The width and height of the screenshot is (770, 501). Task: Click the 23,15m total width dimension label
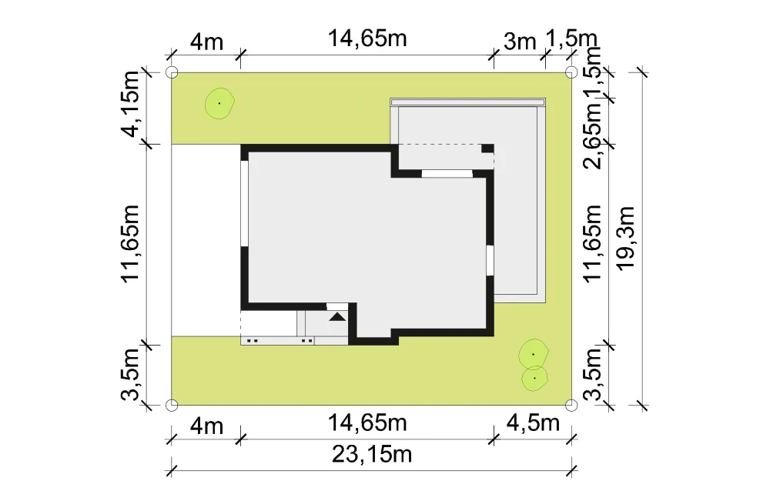[372, 454]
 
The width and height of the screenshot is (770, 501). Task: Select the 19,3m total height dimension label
[626, 238]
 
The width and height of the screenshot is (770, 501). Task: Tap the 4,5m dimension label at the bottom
[534, 423]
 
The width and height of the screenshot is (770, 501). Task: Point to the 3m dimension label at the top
[520, 42]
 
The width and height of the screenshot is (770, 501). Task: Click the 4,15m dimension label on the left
[131, 104]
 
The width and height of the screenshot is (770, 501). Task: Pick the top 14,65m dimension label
[367, 38]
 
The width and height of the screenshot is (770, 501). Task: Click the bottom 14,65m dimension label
[367, 423]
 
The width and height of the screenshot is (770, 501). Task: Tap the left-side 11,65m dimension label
[131, 243]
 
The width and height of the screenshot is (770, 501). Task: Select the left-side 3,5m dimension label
[131, 374]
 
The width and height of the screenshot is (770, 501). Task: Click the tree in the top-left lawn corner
[219, 103]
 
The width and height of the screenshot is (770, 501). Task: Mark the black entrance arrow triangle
[337, 316]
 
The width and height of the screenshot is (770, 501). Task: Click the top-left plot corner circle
[172, 72]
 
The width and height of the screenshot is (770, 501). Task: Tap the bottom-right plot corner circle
[571, 406]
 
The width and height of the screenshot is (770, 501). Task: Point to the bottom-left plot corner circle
[172, 406]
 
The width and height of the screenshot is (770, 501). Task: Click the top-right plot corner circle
[571, 72]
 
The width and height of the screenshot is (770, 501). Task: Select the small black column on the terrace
[487, 149]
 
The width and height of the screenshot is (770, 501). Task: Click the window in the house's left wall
[244, 204]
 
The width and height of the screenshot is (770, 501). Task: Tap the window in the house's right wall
[490, 260]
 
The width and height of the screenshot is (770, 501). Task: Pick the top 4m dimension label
[206, 42]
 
